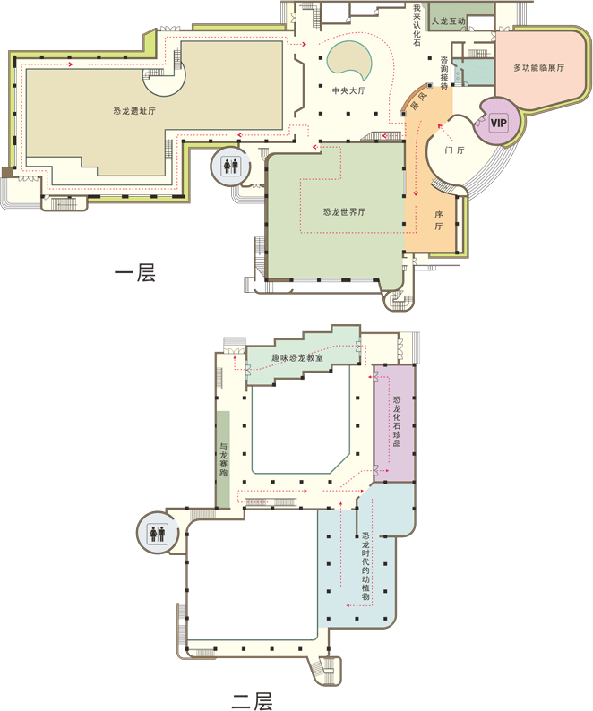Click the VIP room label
[498, 123]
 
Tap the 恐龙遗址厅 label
[134, 111]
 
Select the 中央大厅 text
[348, 90]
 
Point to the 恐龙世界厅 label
[344, 211]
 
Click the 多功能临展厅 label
[538, 67]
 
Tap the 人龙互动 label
[448, 21]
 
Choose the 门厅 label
[454, 150]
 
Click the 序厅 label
[438, 220]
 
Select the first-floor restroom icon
[230, 166]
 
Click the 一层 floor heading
[134, 272]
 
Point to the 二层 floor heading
[253, 700]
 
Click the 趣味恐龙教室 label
[297, 358]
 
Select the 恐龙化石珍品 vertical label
[397, 421]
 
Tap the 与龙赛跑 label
[223, 459]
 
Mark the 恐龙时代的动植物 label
[365, 566]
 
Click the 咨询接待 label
[444, 73]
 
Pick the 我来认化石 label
[417, 25]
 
